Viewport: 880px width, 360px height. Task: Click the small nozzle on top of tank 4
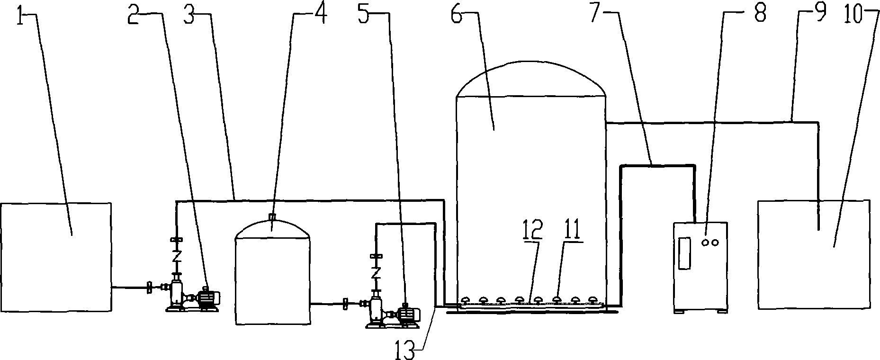coord(272,217)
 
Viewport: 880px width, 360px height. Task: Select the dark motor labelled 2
coord(207,298)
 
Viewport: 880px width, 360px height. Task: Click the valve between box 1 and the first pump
coord(150,287)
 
